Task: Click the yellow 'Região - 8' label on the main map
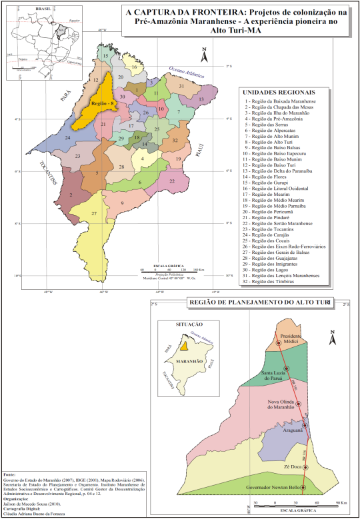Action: (103, 105)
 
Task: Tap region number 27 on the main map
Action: (95, 213)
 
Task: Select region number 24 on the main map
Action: (67, 138)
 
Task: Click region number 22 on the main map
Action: (172, 181)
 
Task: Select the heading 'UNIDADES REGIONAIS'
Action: (279, 93)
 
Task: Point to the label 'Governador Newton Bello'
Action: (273, 488)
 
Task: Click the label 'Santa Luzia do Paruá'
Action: (275, 376)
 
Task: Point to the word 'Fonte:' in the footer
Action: (10, 473)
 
